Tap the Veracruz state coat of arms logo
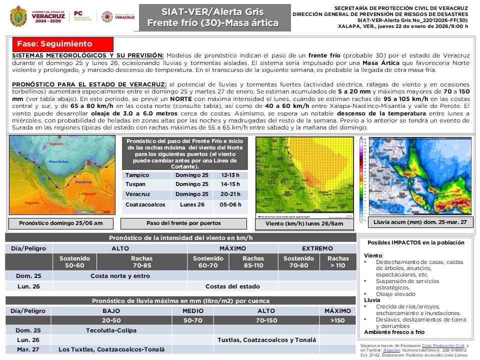(18, 16)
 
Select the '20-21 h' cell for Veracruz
(231, 194)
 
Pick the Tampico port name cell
(137, 175)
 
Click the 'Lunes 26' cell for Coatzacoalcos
(192, 204)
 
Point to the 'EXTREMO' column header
(317, 248)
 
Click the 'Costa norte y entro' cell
(120, 275)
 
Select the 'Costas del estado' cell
(232, 286)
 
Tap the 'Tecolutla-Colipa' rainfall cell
(111, 330)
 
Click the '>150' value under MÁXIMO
(337, 320)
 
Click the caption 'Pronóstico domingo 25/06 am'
(60, 223)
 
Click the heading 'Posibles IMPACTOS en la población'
(416, 242)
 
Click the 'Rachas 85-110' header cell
(253, 262)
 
